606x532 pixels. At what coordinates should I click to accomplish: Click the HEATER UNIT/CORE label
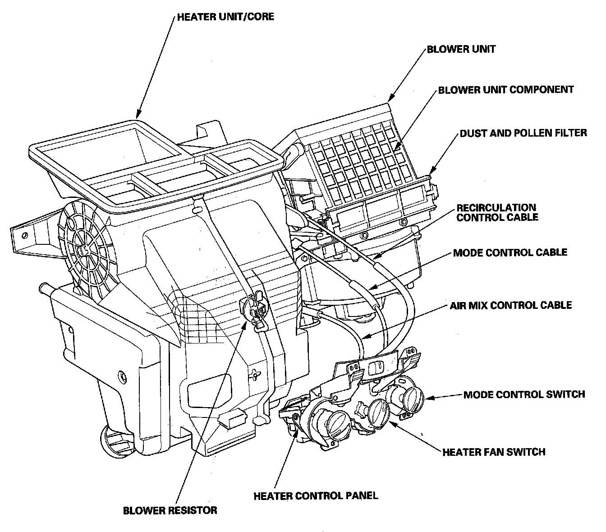[225, 18]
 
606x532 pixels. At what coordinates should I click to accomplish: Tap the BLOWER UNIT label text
[461, 49]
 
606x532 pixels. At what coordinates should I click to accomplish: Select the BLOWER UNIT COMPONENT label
[506, 90]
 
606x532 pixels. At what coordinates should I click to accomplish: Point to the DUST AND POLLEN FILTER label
[523, 133]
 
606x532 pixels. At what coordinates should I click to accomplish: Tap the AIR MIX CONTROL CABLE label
[511, 305]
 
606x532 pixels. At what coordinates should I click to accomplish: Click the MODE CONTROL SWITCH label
[524, 394]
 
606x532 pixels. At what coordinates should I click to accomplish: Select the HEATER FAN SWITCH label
[494, 451]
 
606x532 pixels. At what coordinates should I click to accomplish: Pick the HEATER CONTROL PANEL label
[316, 496]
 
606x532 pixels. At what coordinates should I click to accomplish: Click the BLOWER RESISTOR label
[170, 510]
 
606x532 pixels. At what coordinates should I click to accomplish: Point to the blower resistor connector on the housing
[255, 309]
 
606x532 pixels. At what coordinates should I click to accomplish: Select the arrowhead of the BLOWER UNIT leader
[390, 99]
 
